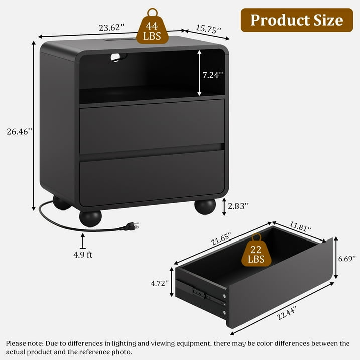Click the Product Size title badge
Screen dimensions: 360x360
[x=297, y=20]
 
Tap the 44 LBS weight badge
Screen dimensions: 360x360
[x=152, y=27]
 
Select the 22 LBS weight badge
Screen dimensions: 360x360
[x=256, y=250]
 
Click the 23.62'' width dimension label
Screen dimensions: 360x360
[x=111, y=28]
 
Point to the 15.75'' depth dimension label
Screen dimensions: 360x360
[x=208, y=29]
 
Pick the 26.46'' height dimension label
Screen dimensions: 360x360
[x=19, y=132]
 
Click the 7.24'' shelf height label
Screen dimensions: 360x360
[x=212, y=75]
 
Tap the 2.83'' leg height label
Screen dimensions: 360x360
[x=238, y=206]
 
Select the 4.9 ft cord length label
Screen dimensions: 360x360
[x=83, y=255]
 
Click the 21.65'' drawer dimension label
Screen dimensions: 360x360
[x=221, y=239]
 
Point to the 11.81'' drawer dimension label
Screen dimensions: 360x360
[x=300, y=226]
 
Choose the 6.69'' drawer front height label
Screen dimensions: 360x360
[x=347, y=259]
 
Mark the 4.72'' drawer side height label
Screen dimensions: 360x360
[x=160, y=283]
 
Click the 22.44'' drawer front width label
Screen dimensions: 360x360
[x=287, y=313]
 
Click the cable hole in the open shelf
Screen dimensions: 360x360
[x=118, y=57]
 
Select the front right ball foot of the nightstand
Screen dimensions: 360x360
[x=205, y=207]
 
